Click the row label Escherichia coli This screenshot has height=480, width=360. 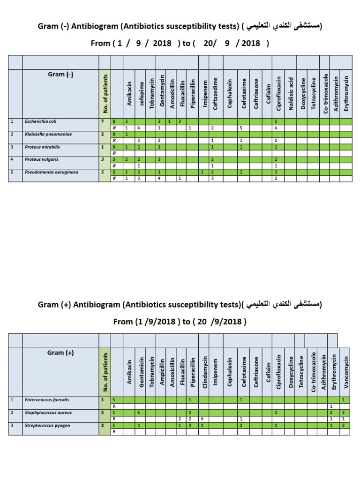40,121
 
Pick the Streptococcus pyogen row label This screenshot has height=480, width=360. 45,425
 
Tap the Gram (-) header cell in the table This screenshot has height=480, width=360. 60,75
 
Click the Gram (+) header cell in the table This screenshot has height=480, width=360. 60,353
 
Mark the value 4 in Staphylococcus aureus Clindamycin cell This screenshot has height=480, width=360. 202,419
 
